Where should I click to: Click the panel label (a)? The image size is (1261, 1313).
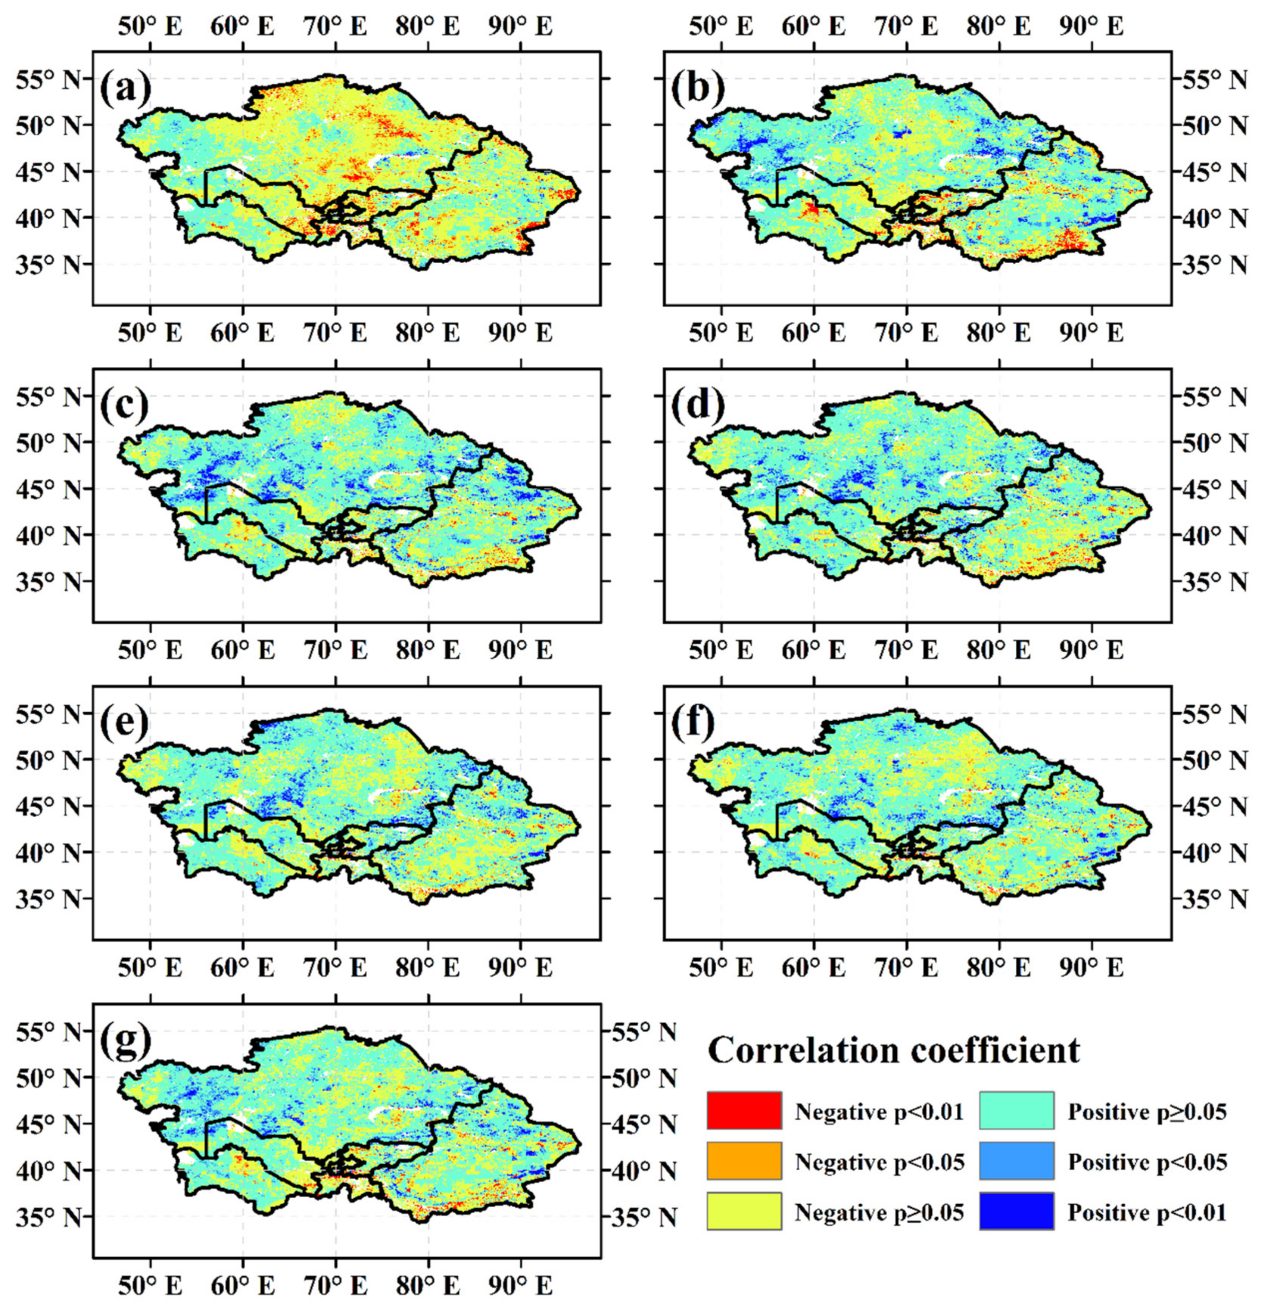tap(125, 90)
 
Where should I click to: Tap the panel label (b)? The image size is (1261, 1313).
tap(697, 90)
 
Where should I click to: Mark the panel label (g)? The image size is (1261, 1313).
tap(125, 1042)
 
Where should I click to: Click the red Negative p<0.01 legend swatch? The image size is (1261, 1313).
tap(743, 1110)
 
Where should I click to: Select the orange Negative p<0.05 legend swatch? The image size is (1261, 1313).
tap(743, 1160)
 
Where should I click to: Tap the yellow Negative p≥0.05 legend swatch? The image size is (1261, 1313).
tap(743, 1210)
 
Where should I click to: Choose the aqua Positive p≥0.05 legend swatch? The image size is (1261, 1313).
tap(1016, 1110)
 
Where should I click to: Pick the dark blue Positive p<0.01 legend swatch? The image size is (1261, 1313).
tap(1016, 1210)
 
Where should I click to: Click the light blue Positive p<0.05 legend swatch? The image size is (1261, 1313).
tap(1016, 1160)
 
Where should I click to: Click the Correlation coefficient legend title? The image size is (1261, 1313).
tap(893, 1050)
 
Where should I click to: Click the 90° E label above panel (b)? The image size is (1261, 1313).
tap(1091, 27)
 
